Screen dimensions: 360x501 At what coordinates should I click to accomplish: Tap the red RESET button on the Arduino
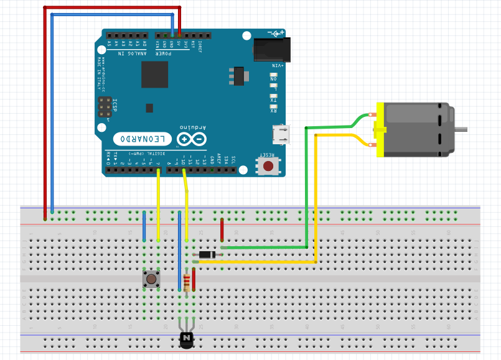point(269,166)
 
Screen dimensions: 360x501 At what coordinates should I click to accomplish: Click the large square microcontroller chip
point(154,75)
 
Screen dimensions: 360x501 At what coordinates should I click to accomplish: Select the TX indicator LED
point(273,99)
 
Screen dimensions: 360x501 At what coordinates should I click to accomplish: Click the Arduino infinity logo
point(192,140)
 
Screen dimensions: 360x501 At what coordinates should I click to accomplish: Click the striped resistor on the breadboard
point(187,282)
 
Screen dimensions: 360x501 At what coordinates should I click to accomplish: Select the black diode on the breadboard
point(205,254)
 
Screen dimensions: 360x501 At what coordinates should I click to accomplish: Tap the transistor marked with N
point(187,338)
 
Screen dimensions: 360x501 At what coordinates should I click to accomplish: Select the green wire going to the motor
point(306,187)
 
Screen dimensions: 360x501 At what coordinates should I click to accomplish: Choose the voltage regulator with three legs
point(237,75)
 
